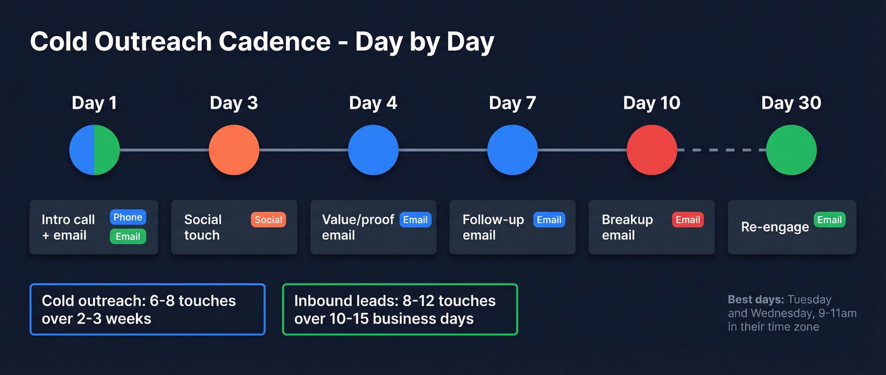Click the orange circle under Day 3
pyautogui.click(x=234, y=150)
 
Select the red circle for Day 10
pyautogui.click(x=652, y=150)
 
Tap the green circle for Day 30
pyautogui.click(x=791, y=150)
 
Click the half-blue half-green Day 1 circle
pyautogui.click(x=94, y=150)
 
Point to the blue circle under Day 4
pyautogui.click(x=373, y=150)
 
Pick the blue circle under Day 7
pyautogui.click(x=512, y=150)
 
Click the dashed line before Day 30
pyautogui.click(x=721, y=150)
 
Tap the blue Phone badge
pyautogui.click(x=128, y=218)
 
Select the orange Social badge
pyautogui.click(x=268, y=220)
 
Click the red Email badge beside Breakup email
pyautogui.click(x=687, y=220)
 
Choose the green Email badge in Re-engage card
pyautogui.click(x=829, y=220)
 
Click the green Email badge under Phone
pyautogui.click(x=128, y=237)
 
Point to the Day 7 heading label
pyautogui.click(x=512, y=103)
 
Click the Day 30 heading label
pyautogui.click(x=791, y=103)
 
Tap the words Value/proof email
pyautogui.click(x=358, y=227)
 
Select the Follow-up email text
pyautogui.click(x=493, y=227)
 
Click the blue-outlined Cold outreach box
pyautogui.click(x=147, y=309)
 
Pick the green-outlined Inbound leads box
pyautogui.click(x=399, y=309)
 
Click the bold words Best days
pyautogui.click(x=756, y=300)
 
